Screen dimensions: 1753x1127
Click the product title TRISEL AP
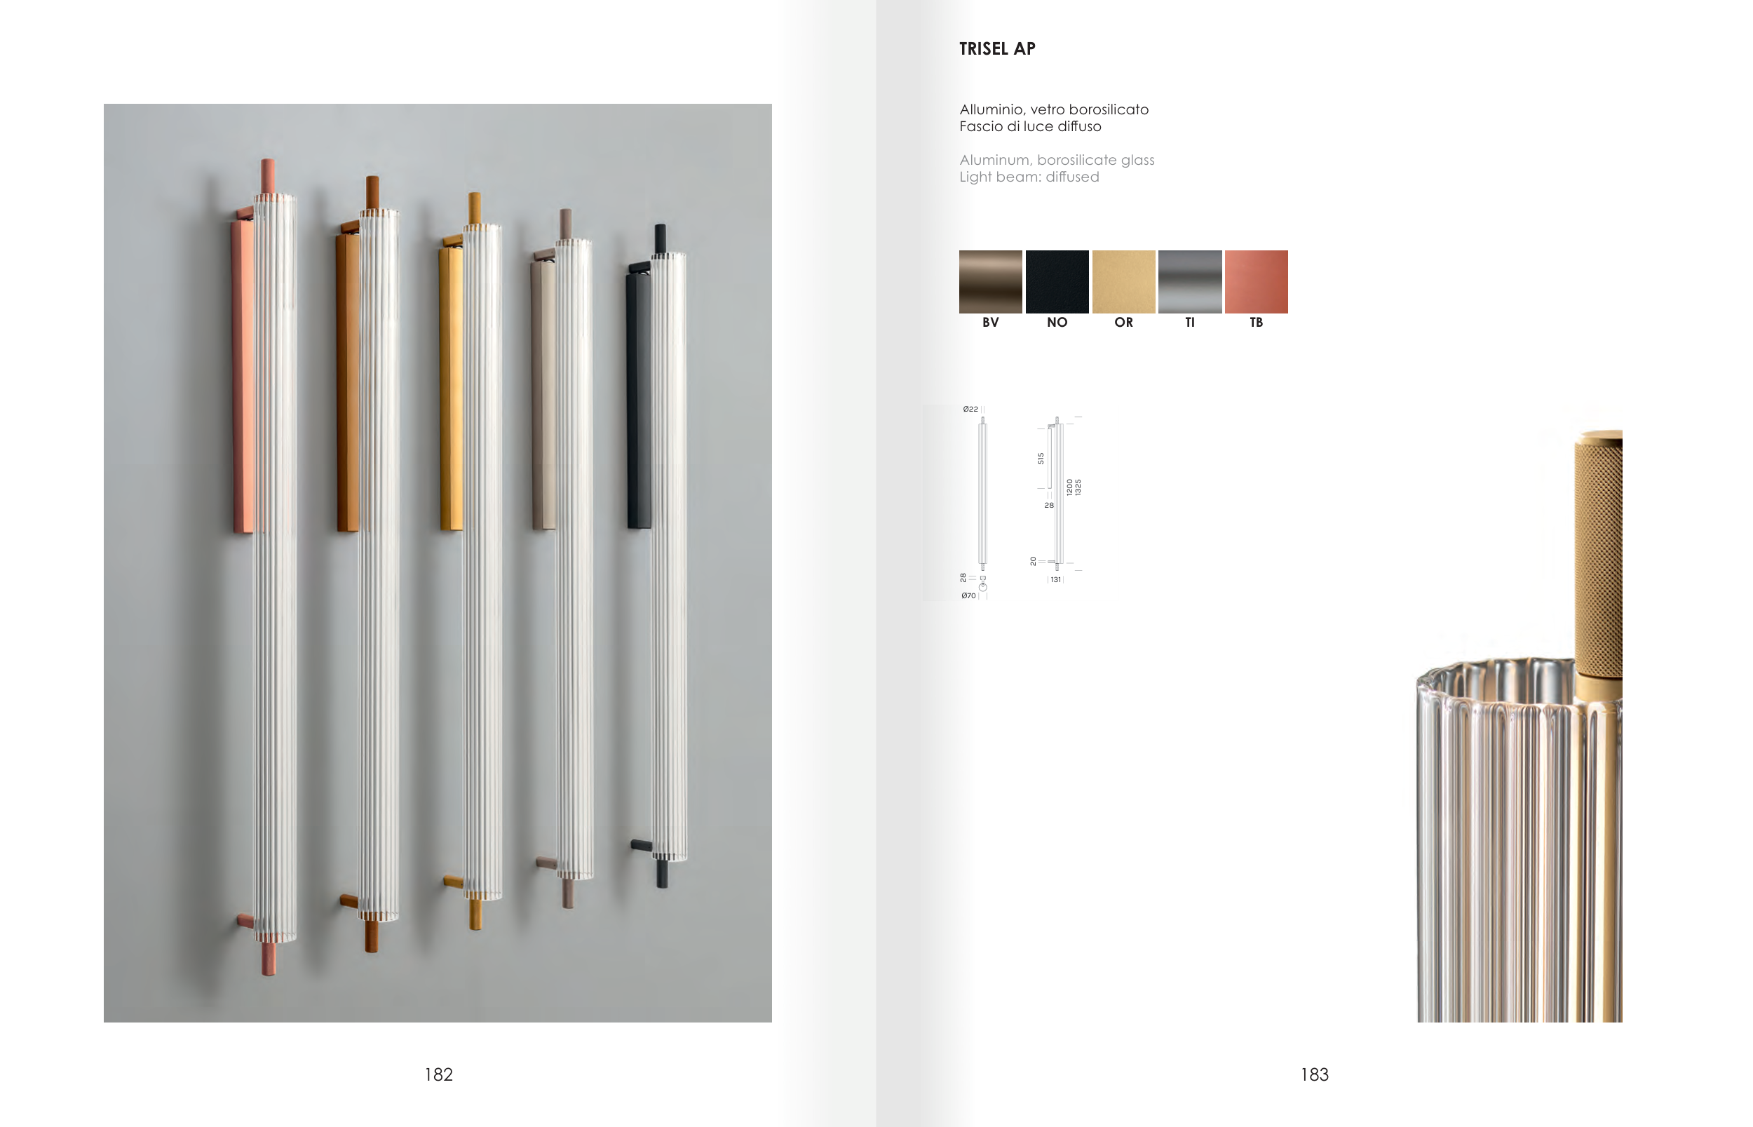click(997, 49)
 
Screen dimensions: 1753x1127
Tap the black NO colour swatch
click(1057, 282)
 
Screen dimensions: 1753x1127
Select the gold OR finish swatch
click(1123, 282)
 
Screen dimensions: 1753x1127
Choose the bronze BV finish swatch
click(991, 282)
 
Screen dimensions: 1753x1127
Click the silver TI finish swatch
click(1190, 282)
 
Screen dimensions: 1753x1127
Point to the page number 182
click(438, 1074)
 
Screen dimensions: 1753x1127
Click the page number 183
click(1314, 1074)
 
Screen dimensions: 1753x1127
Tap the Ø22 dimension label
click(970, 409)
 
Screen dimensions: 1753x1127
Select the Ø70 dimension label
click(968, 595)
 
